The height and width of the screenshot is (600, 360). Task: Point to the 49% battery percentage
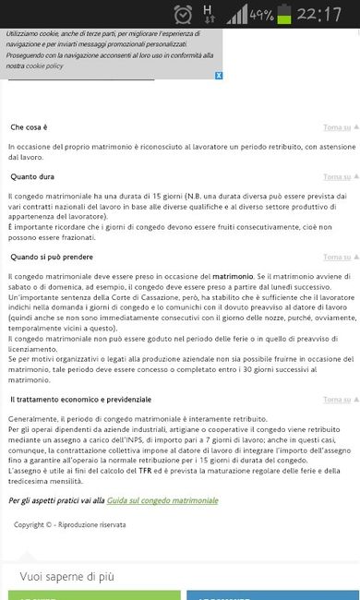click(x=261, y=16)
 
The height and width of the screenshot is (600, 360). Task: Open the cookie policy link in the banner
click(x=44, y=66)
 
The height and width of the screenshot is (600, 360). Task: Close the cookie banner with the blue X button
click(x=218, y=76)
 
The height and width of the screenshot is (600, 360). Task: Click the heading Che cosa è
click(x=29, y=126)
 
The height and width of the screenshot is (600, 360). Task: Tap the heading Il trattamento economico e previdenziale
click(x=80, y=399)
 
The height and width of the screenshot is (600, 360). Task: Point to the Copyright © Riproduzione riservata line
click(x=70, y=524)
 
